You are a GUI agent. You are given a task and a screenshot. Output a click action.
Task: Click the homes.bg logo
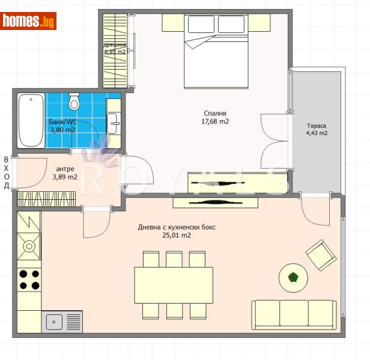click(29, 21)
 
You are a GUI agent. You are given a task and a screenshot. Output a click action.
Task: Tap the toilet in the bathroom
click(74, 102)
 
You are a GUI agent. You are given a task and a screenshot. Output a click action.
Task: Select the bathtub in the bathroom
click(31, 120)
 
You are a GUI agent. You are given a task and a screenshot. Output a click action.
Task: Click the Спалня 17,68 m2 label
click(216, 117)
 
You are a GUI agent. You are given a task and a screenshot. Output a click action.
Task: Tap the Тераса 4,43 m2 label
click(317, 130)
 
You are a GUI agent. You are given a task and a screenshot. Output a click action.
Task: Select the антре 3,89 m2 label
click(65, 173)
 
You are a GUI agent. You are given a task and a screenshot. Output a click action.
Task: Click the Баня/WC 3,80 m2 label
click(62, 125)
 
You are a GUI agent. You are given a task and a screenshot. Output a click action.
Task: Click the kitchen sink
click(62, 322)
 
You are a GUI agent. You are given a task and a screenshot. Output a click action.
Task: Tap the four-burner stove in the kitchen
click(29, 280)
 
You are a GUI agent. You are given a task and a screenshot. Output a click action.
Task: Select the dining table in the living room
click(174, 285)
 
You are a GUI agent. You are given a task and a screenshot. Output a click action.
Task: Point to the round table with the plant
click(293, 277)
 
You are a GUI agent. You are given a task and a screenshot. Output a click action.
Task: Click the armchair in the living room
click(321, 255)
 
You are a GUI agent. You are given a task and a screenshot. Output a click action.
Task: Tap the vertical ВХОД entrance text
click(7, 172)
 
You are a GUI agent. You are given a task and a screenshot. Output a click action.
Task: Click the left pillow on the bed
click(201, 24)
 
